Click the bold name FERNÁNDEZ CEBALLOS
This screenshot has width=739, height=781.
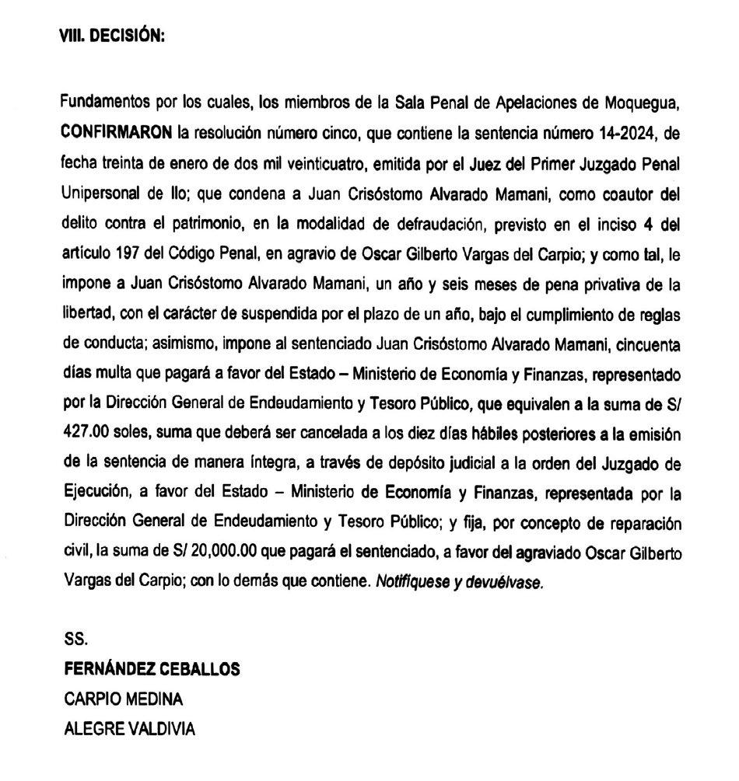tap(141, 669)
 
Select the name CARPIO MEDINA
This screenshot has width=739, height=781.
tap(124, 699)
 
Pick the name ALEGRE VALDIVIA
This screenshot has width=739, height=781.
tap(128, 730)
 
